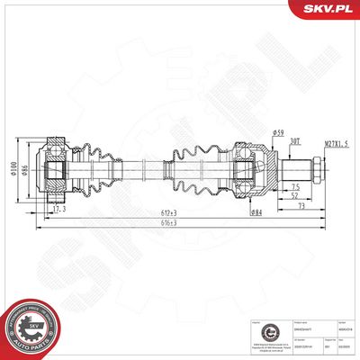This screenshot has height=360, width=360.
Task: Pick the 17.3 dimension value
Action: click(58, 210)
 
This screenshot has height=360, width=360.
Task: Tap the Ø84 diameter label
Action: click(256, 212)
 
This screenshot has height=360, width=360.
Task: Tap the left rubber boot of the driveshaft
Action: click(96, 166)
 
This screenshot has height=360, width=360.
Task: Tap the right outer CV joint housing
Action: click(255, 166)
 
